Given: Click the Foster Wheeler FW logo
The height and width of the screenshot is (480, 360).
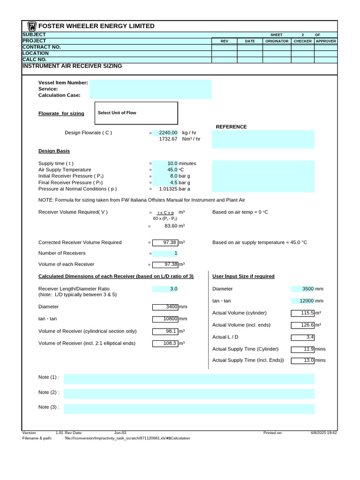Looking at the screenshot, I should [x=32, y=26].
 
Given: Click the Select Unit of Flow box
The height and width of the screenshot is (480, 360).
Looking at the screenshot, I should [x=136, y=113].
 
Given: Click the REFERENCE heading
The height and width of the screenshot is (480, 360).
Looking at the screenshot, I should [x=231, y=127].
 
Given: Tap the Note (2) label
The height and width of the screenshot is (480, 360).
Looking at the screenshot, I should [x=49, y=392].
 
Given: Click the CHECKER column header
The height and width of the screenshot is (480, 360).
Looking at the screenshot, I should [x=302, y=41].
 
